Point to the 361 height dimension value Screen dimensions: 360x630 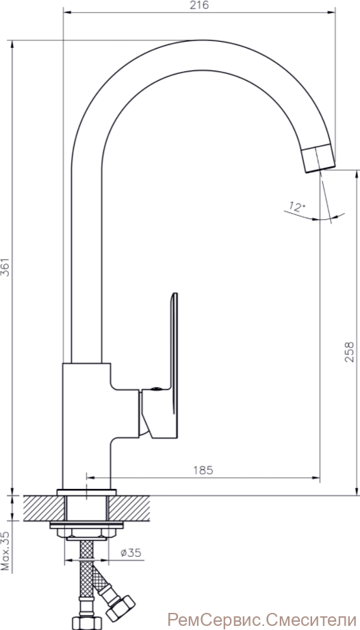click(x=5, y=266)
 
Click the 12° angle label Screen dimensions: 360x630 click(x=296, y=207)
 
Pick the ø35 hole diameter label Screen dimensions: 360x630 click(x=131, y=553)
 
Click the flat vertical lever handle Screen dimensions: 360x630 click(x=174, y=353)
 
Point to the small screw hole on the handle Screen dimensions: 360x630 click(x=155, y=389)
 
